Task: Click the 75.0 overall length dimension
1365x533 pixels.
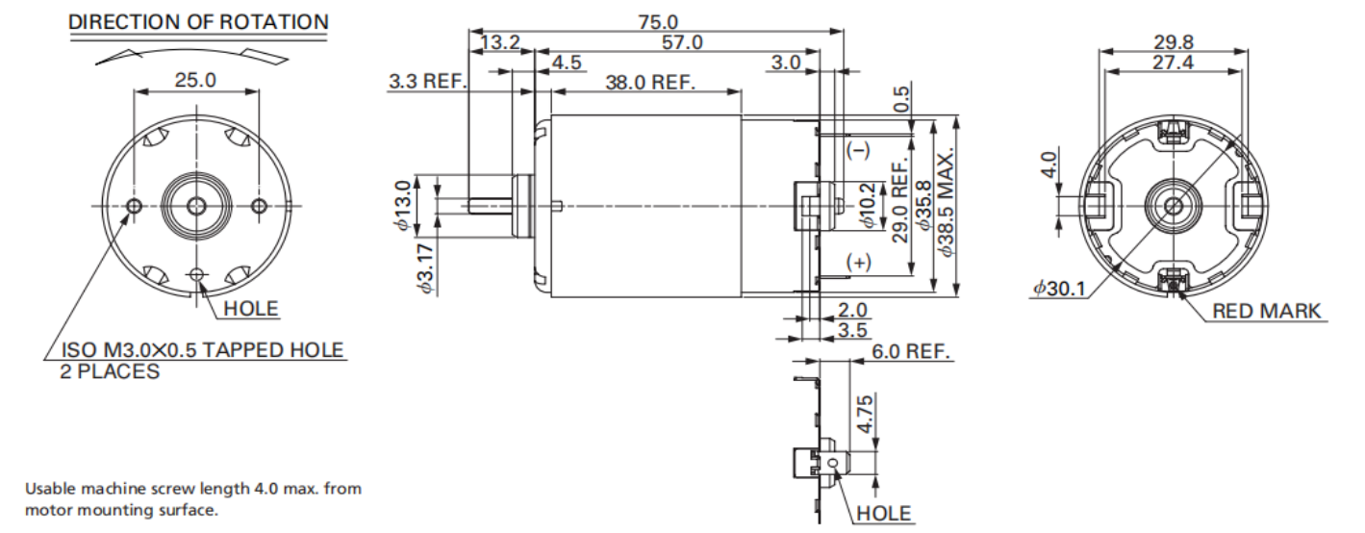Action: click(x=658, y=20)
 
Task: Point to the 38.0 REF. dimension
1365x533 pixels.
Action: click(x=650, y=83)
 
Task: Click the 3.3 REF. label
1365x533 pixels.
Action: click(x=427, y=83)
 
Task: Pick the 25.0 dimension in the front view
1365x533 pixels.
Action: click(x=194, y=80)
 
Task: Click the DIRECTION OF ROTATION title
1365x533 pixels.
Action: click(x=198, y=21)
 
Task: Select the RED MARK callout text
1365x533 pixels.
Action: click(x=1266, y=311)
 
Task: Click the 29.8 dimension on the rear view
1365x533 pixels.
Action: click(x=1173, y=41)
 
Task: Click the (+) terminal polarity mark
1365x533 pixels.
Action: click(x=858, y=263)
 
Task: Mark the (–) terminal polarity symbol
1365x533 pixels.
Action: click(x=857, y=150)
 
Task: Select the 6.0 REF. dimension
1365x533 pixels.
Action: click(x=911, y=351)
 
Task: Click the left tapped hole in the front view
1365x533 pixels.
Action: click(x=134, y=206)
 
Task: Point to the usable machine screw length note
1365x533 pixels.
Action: click(x=193, y=499)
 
